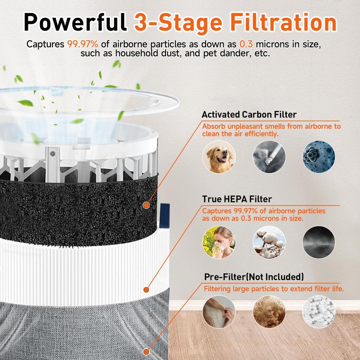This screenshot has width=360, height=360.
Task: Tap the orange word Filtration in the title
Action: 275,22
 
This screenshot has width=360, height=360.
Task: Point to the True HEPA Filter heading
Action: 237,198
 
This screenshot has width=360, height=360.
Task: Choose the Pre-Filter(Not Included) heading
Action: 252,276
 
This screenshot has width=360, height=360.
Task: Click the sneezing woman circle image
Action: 218,242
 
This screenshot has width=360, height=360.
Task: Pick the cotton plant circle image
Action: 269,242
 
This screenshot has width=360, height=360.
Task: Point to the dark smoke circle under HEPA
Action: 319,242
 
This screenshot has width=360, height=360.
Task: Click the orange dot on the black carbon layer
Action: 145,205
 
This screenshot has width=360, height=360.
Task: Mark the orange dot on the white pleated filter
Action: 145,290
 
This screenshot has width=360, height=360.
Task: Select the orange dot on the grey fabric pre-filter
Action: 146,352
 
